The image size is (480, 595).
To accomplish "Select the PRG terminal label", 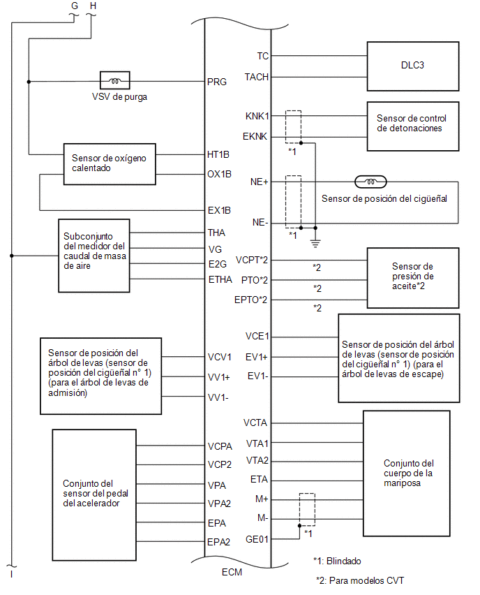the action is [x=217, y=82].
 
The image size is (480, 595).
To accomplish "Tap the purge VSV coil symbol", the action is [x=115, y=80].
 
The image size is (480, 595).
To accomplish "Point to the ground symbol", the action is [x=315, y=243].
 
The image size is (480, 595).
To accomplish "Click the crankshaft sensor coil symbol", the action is [x=370, y=182].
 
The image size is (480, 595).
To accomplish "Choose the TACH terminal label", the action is [x=256, y=77].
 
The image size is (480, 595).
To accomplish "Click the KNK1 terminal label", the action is [x=257, y=116].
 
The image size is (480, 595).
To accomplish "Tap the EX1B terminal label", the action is [x=219, y=210].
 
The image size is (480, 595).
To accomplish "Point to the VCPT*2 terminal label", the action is [x=252, y=260].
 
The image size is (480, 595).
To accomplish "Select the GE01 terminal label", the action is [x=257, y=539].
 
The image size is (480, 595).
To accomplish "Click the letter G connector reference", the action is [x=75, y=6].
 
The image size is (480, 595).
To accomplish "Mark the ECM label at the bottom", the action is [x=232, y=572].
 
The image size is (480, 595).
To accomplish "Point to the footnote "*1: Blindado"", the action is [x=337, y=561].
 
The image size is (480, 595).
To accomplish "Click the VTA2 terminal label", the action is [x=257, y=460].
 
